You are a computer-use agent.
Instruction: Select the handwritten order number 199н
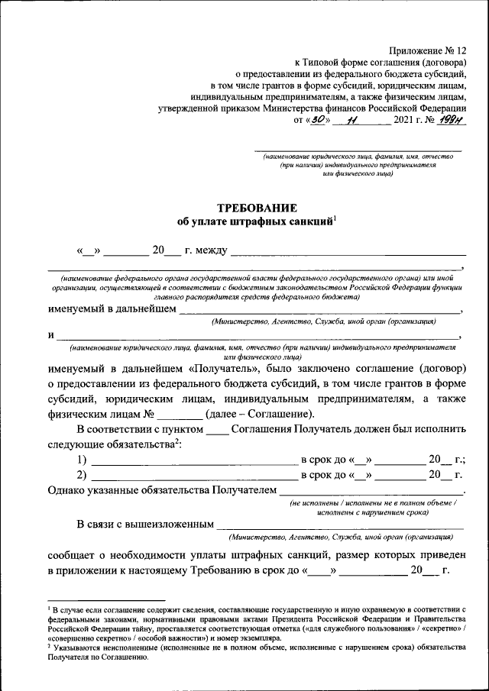pyautogui.click(x=452, y=120)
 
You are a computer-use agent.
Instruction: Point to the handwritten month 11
pyautogui.click(x=351, y=120)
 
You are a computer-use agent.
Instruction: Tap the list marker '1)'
pyautogui.click(x=82, y=460)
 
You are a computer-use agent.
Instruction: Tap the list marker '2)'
pyautogui.click(x=82, y=475)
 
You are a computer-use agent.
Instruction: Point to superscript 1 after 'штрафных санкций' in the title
pyautogui.click(x=335, y=218)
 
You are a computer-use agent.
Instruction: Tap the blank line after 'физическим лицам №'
pyautogui.click(x=180, y=416)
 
